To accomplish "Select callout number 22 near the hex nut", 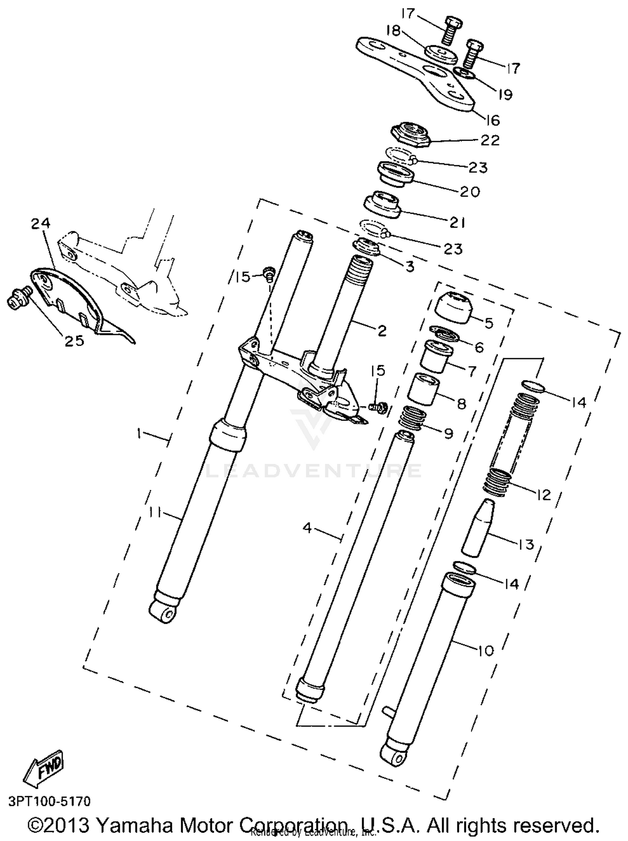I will [490, 140].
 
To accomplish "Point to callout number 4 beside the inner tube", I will [308, 528].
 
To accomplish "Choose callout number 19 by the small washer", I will [505, 95].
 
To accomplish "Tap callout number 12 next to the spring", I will [543, 495].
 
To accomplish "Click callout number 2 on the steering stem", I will [381, 331].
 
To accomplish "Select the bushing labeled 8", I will [424, 390].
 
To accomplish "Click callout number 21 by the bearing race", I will [457, 223].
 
